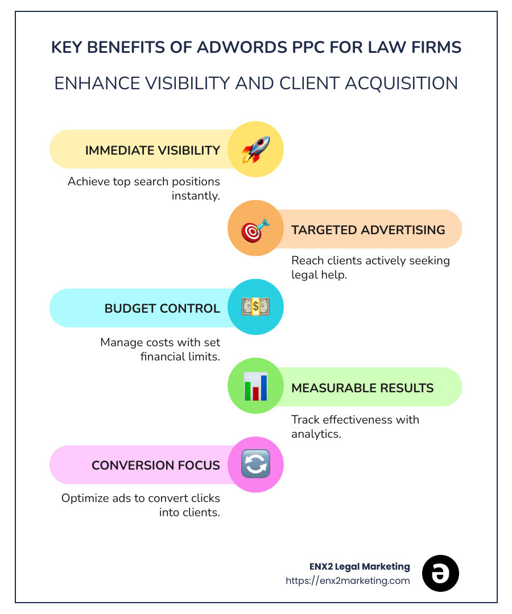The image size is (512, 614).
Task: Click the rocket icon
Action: click(255, 150)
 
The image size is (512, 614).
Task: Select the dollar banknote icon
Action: click(255, 308)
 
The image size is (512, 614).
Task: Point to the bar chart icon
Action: click(255, 387)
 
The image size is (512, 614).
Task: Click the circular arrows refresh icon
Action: click(255, 464)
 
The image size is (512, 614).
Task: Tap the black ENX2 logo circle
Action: click(440, 574)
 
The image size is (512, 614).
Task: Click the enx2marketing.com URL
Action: click(348, 580)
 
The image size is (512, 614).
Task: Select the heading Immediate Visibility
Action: click(152, 150)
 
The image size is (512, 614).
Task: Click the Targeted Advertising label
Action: click(368, 230)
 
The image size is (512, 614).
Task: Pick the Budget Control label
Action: click(162, 308)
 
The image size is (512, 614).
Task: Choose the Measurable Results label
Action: click(362, 388)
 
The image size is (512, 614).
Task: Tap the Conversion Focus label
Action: click(156, 465)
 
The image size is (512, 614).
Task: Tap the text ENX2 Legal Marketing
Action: click(357, 566)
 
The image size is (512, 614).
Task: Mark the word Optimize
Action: click(84, 498)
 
